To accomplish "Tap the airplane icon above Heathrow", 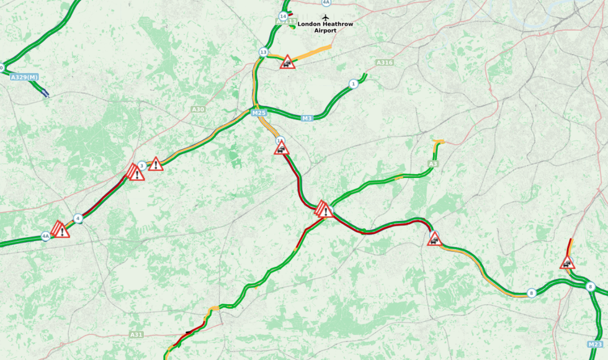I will click(x=326, y=17).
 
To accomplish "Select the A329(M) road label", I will click(x=24, y=77).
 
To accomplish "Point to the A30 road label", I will click(x=198, y=109).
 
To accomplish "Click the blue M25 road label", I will click(x=259, y=114).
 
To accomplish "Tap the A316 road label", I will click(x=385, y=63).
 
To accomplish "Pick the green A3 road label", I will click(x=432, y=164).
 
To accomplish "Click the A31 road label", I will click(x=136, y=335).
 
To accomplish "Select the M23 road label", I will click(x=594, y=344).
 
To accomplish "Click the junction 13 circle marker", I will click(x=263, y=52).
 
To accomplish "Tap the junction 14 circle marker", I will click(x=284, y=16).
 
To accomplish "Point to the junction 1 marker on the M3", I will click(x=353, y=84).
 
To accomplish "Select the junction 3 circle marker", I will click(x=141, y=165).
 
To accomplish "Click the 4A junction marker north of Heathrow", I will click(x=326, y=2).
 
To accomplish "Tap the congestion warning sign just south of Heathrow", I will click(x=287, y=62).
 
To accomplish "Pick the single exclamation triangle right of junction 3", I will click(x=155, y=164).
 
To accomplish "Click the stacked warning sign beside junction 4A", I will click(x=60, y=230).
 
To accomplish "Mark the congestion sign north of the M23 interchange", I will click(x=567, y=263).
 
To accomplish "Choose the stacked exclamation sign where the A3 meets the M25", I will click(x=324, y=210).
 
